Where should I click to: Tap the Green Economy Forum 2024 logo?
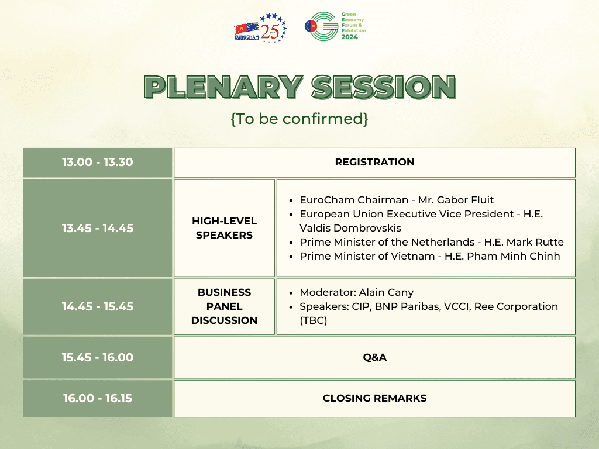point(335,27)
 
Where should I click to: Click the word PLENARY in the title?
point(222,87)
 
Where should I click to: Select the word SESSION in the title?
point(383,87)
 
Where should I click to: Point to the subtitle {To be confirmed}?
point(299,119)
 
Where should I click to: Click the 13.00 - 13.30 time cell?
point(98,162)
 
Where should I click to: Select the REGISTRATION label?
point(374,162)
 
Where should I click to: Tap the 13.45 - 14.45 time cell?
point(98,228)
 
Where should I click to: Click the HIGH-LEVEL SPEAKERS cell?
point(224,228)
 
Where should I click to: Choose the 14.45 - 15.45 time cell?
point(98,306)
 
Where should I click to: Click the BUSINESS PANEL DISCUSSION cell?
point(224,306)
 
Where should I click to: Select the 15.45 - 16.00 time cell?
point(98,357)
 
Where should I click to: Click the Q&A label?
point(374,357)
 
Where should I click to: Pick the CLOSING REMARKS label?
point(374,398)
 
